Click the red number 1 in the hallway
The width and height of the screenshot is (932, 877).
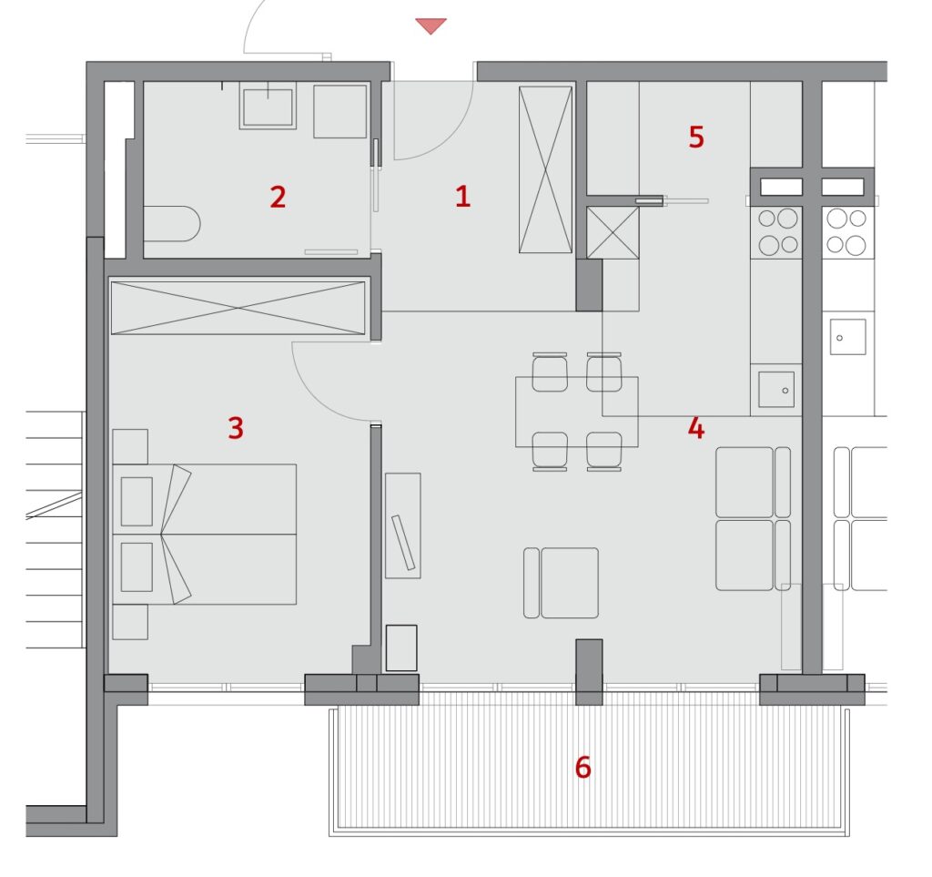462,196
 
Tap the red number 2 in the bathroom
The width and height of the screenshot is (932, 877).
278,197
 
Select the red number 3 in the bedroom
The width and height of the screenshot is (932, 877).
236,427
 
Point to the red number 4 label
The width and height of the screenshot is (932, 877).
696,428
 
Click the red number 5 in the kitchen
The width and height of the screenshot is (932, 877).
696,137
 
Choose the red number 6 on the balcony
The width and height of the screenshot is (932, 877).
583,767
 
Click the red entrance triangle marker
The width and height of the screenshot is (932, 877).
431,25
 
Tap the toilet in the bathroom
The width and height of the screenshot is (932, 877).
172,224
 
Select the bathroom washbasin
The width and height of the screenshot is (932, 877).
268,106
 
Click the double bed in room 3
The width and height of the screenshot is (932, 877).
205,534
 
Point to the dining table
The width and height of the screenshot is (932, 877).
576,412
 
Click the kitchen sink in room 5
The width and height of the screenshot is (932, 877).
776,390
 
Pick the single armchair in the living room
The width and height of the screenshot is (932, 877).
561,583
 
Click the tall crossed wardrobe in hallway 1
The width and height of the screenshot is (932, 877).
545,169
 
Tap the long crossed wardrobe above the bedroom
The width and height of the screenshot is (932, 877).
238,308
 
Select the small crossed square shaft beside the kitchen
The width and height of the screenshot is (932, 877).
613,232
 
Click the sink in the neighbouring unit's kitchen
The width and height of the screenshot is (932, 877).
847,337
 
